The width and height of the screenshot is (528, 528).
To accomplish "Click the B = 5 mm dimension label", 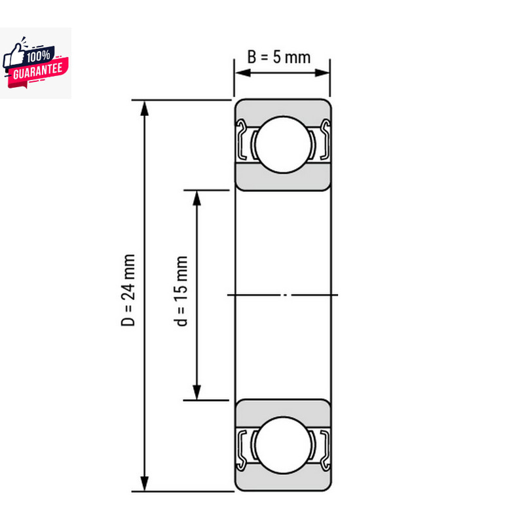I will tap(279, 56).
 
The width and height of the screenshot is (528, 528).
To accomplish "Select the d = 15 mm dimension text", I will tap(182, 290).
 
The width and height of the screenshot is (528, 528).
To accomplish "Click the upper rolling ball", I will tap(282, 144).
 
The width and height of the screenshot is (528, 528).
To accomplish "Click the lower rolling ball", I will tap(282, 445).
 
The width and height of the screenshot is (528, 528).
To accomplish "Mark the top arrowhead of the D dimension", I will tap(145, 106).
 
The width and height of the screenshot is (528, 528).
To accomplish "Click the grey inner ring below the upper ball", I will tap(282, 180).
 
